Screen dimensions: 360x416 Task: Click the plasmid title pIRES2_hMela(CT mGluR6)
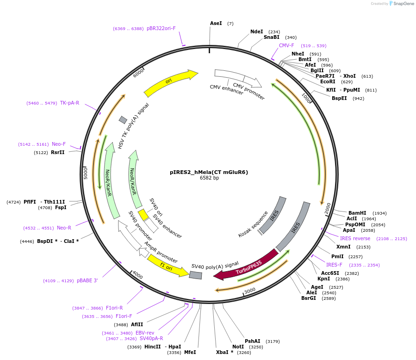click(x=209, y=172)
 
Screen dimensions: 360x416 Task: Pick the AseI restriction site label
click(x=216, y=23)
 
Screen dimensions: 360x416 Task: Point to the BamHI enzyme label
click(x=357, y=213)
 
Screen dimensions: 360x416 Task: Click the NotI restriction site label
click(x=238, y=347)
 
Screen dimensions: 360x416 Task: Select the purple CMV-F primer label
click(x=286, y=45)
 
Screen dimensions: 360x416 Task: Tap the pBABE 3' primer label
click(x=87, y=281)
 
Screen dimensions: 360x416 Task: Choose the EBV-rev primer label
click(x=145, y=333)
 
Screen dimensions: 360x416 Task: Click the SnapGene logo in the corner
click(x=401, y=4)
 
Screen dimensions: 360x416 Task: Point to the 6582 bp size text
click(x=209, y=178)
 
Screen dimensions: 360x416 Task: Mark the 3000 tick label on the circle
click(x=250, y=290)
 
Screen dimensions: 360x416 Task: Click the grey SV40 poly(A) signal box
click(x=196, y=275)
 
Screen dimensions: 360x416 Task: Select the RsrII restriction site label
click(x=58, y=152)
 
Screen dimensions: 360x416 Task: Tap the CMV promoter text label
click(x=248, y=91)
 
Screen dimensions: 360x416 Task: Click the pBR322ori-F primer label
click(x=161, y=28)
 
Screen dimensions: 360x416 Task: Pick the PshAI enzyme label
click(x=252, y=341)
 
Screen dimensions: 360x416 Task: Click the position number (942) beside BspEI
click(x=358, y=98)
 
